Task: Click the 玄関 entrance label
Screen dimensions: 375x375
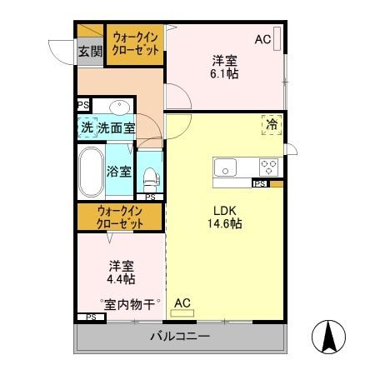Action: point(90,51)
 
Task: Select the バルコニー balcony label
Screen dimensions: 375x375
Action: point(180,337)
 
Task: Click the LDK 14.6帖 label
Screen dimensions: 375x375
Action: point(225,217)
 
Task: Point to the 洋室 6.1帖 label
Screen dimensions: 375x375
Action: point(224,67)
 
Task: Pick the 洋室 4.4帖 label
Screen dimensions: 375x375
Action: point(122,272)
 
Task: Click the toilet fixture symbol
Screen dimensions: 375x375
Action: point(150,176)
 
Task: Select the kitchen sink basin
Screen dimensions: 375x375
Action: point(226,167)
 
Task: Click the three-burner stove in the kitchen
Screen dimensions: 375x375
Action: point(268,165)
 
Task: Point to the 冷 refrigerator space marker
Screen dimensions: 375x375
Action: point(272,123)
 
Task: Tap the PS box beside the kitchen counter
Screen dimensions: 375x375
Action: point(259,183)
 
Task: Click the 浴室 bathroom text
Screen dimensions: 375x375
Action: point(118,171)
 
